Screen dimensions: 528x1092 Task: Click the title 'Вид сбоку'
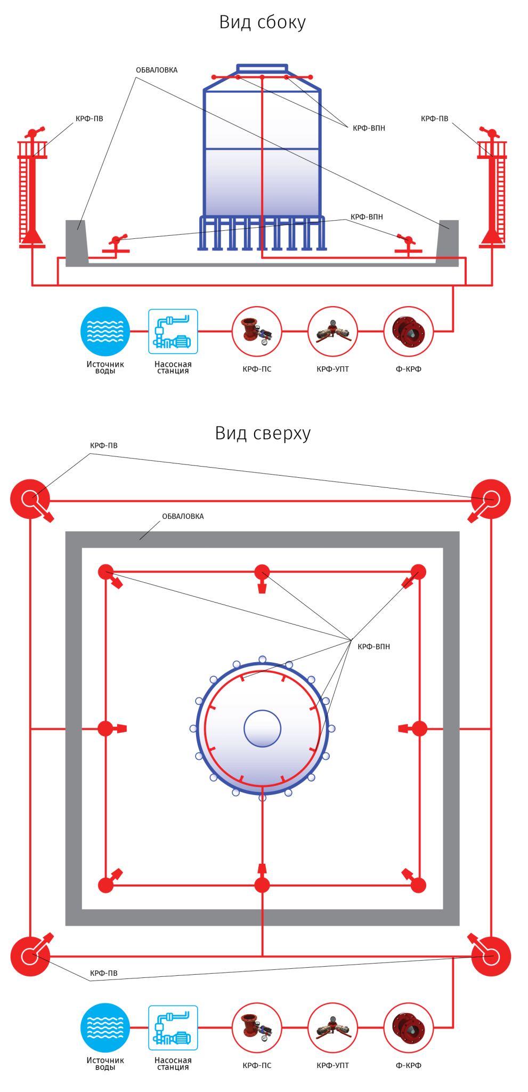(x=262, y=22)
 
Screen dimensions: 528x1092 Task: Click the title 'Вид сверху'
(x=263, y=433)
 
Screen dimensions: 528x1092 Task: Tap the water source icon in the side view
(x=105, y=331)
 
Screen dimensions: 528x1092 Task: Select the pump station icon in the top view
(x=173, y=1027)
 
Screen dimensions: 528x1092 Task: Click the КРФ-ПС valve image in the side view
(x=257, y=331)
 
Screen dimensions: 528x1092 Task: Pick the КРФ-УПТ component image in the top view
(x=332, y=1027)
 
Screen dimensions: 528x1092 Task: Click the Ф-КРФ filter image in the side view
(x=409, y=331)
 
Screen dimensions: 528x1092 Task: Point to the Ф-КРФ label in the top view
(x=409, y=1065)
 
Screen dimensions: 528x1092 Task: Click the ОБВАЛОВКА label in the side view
(x=157, y=70)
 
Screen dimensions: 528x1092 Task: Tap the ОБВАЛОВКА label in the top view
(x=183, y=516)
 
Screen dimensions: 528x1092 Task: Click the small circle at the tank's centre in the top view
(x=262, y=728)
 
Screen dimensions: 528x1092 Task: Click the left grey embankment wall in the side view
(x=77, y=243)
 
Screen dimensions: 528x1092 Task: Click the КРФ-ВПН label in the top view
(x=373, y=647)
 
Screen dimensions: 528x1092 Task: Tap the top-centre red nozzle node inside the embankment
(x=262, y=576)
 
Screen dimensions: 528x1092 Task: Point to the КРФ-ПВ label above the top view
(x=104, y=445)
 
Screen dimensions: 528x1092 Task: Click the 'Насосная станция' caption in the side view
(x=173, y=367)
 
